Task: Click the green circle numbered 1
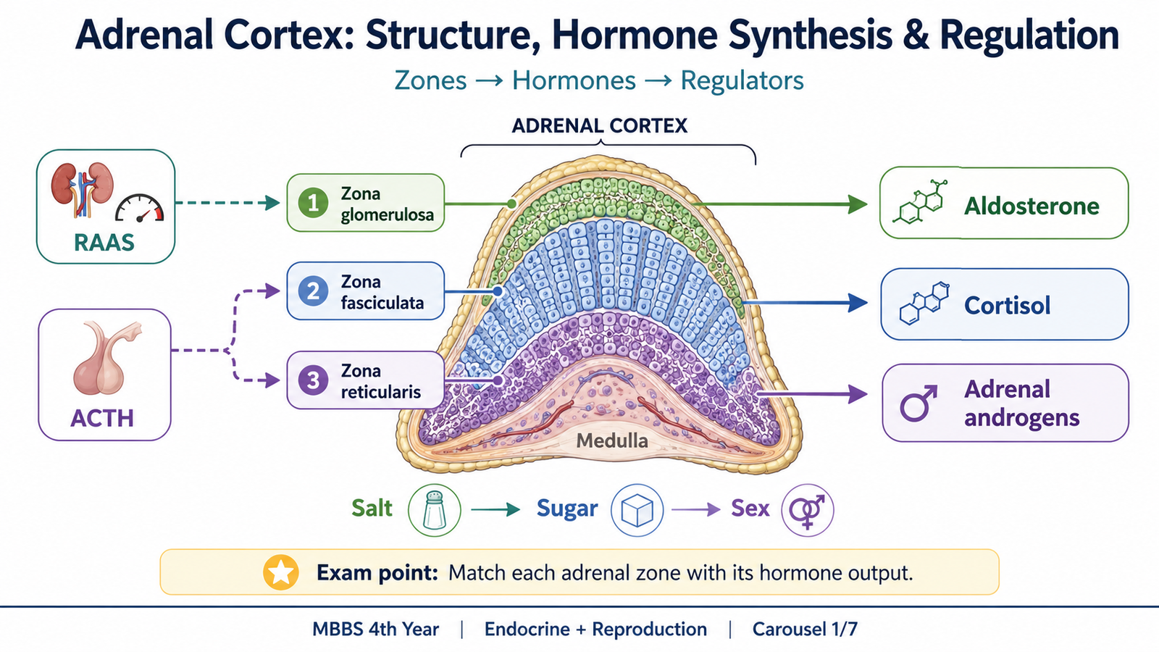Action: (x=313, y=203)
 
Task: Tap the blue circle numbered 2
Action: (x=313, y=291)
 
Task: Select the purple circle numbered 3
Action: (x=313, y=380)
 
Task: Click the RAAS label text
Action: (x=104, y=243)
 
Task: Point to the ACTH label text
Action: (x=102, y=418)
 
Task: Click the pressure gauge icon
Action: (x=139, y=209)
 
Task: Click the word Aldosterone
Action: (x=1032, y=206)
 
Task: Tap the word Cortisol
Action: (x=1008, y=305)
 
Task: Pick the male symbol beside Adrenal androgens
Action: (x=919, y=403)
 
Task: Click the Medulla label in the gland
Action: (x=612, y=441)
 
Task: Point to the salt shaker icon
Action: (x=434, y=510)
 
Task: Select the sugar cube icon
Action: (x=637, y=510)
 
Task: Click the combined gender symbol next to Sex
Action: (x=807, y=510)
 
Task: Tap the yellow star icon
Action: (x=281, y=572)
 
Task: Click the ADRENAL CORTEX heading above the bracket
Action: (x=600, y=126)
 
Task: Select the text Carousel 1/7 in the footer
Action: (x=805, y=630)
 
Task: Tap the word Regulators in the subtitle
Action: (x=742, y=80)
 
